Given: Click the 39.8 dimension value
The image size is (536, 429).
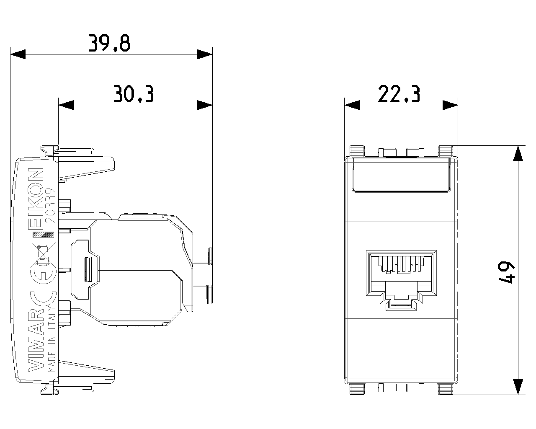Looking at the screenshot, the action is coord(109,43).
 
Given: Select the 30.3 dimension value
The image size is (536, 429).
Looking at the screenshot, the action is coord(134,94).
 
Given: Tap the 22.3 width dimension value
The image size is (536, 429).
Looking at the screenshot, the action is coord(399,94).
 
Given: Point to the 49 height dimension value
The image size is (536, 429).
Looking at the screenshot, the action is coord(506,272).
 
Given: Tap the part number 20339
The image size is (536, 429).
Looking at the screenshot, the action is coord(51,205).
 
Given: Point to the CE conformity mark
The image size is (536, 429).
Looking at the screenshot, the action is coord(43,286).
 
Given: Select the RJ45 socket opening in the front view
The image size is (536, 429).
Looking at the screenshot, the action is coord(401,280).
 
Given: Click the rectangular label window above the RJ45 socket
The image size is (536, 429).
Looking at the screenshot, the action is coord(401,175).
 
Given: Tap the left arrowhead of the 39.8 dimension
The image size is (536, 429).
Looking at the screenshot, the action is coord(18,54).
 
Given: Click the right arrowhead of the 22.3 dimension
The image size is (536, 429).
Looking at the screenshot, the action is coord(450,105).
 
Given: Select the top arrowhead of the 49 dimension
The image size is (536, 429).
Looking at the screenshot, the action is coord(518,154).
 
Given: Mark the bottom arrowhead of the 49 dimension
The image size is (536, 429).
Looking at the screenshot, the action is coord(518,387).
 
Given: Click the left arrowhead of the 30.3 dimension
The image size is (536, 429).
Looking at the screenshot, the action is coord(66,105).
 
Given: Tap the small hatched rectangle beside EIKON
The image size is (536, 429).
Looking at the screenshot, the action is coord(43,234).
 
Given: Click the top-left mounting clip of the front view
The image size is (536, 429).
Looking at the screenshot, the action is coord(357,151).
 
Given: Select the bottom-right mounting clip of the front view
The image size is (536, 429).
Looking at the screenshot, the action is coord(445,389).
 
